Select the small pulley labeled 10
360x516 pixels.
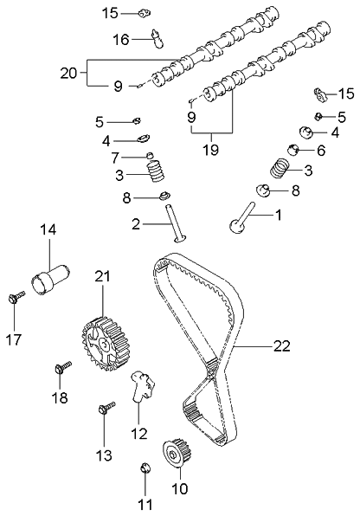(x=177, y=454)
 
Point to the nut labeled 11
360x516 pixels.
(x=145, y=470)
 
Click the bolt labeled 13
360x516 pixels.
(x=106, y=407)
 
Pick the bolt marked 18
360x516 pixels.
(x=61, y=369)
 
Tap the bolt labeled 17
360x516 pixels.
(x=16, y=298)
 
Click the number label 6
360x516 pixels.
(x=310, y=150)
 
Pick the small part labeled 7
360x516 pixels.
(x=150, y=156)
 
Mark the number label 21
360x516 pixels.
(x=103, y=276)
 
